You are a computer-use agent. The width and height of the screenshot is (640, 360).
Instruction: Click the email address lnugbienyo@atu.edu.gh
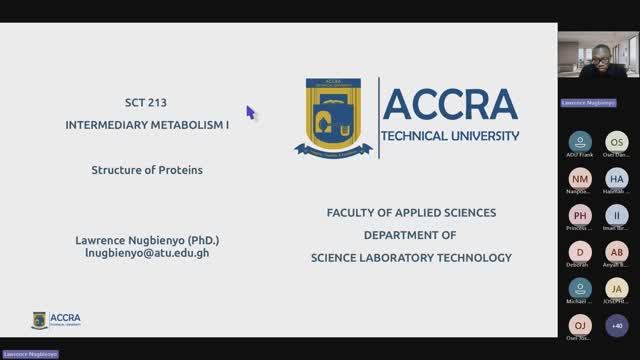pyautogui.click(x=147, y=253)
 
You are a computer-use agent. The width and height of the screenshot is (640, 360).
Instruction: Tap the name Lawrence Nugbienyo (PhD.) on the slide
pyautogui.click(x=147, y=240)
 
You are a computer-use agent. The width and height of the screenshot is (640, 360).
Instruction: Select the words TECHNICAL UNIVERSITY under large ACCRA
pyautogui.click(x=451, y=136)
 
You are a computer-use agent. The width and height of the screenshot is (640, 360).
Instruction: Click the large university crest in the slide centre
pyautogui.click(x=333, y=117)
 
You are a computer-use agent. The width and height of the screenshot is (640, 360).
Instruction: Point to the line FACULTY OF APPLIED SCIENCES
pyautogui.click(x=411, y=213)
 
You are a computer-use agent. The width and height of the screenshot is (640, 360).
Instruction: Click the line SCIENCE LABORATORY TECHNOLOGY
pyautogui.click(x=411, y=257)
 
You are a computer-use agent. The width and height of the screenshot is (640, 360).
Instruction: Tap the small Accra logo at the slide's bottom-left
pyautogui.click(x=56, y=320)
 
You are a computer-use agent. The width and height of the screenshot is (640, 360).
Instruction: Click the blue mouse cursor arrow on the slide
pyautogui.click(x=251, y=112)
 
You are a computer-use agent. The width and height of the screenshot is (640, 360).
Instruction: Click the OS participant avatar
pyautogui.click(x=617, y=141)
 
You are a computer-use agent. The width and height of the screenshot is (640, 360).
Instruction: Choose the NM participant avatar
pyautogui.click(x=580, y=178)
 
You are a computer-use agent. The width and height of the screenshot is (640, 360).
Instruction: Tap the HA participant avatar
pyautogui.click(x=617, y=178)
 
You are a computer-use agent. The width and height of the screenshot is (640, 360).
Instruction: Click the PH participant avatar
pyautogui.click(x=580, y=215)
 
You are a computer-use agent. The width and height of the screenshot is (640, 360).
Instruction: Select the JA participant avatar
pyautogui.click(x=617, y=288)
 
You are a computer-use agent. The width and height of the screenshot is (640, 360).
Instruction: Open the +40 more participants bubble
pyautogui.click(x=617, y=325)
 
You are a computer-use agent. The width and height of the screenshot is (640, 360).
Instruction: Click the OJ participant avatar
pyautogui.click(x=580, y=325)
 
